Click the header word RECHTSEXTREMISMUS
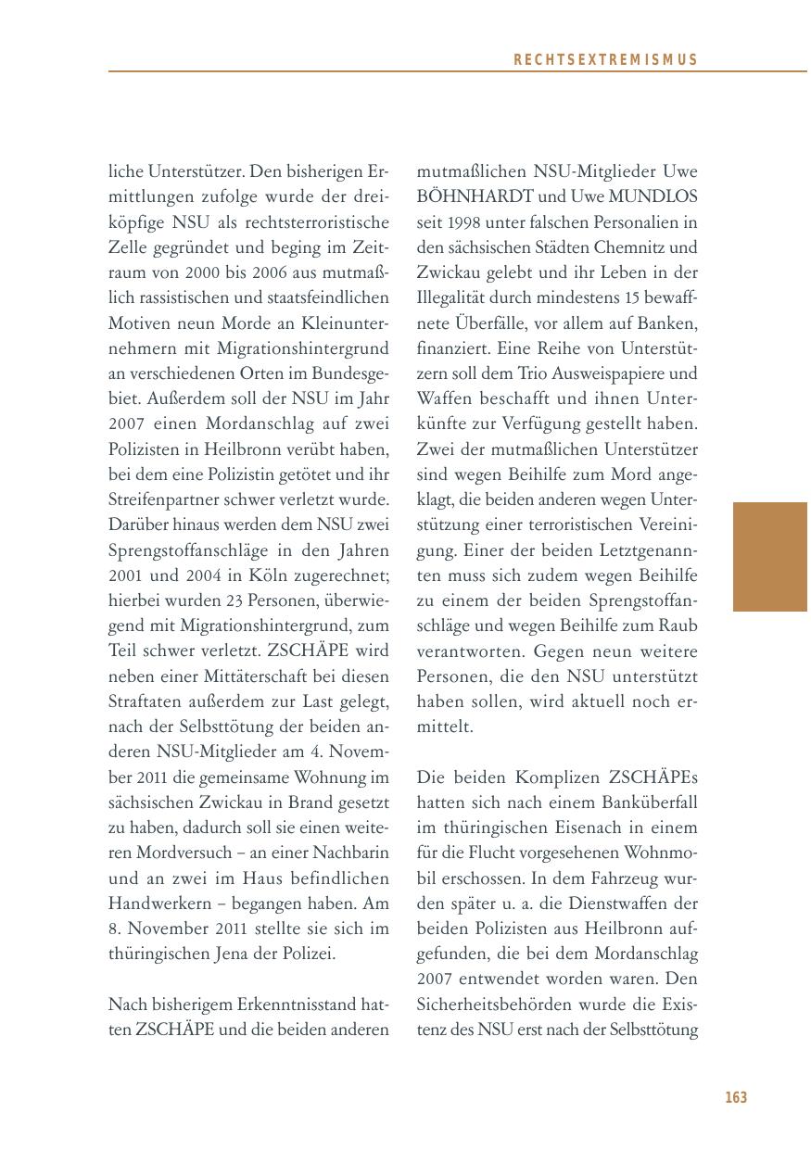pos(604,60)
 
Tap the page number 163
pos(735,1098)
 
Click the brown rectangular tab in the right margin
pos(769,557)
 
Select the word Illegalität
pos(458,298)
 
